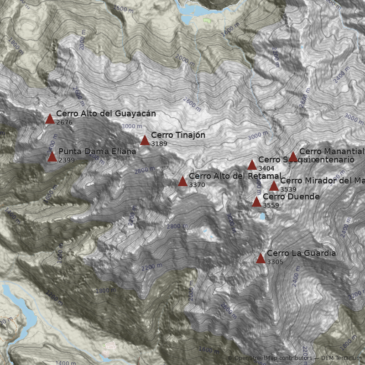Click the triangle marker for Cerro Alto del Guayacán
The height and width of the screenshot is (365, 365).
(50, 119)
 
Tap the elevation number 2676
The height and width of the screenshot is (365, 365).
(64, 122)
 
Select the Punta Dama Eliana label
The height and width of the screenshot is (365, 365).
(97, 151)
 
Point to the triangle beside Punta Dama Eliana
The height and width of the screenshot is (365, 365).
(52, 157)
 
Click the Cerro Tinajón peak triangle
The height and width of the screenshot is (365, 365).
(145, 141)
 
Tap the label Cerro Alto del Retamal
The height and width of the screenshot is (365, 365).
(235, 176)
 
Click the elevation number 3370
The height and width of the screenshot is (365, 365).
(197, 185)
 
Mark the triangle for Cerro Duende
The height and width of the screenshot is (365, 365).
(257, 202)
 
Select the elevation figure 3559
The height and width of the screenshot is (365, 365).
(271, 205)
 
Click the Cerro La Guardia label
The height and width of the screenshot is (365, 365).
(301, 253)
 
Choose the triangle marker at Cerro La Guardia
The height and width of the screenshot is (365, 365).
(261, 259)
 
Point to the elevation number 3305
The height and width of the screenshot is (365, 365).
(275, 262)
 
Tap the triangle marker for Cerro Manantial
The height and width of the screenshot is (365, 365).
(293, 157)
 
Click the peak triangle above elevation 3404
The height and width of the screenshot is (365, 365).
(252, 165)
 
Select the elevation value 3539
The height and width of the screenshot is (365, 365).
(288, 189)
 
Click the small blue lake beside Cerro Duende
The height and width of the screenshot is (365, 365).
(262, 217)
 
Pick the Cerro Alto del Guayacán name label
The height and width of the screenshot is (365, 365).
(106, 114)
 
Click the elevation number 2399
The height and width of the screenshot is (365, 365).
(67, 160)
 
